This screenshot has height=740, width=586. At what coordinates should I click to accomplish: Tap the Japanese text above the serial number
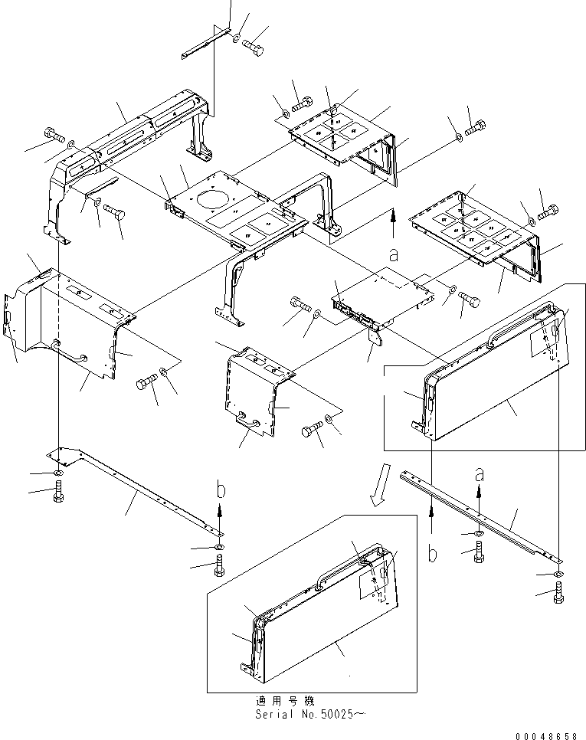284,701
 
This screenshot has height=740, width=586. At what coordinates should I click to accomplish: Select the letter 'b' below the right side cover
433,553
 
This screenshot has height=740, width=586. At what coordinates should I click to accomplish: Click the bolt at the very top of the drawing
254,47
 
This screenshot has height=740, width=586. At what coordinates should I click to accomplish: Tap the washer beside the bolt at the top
235,36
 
